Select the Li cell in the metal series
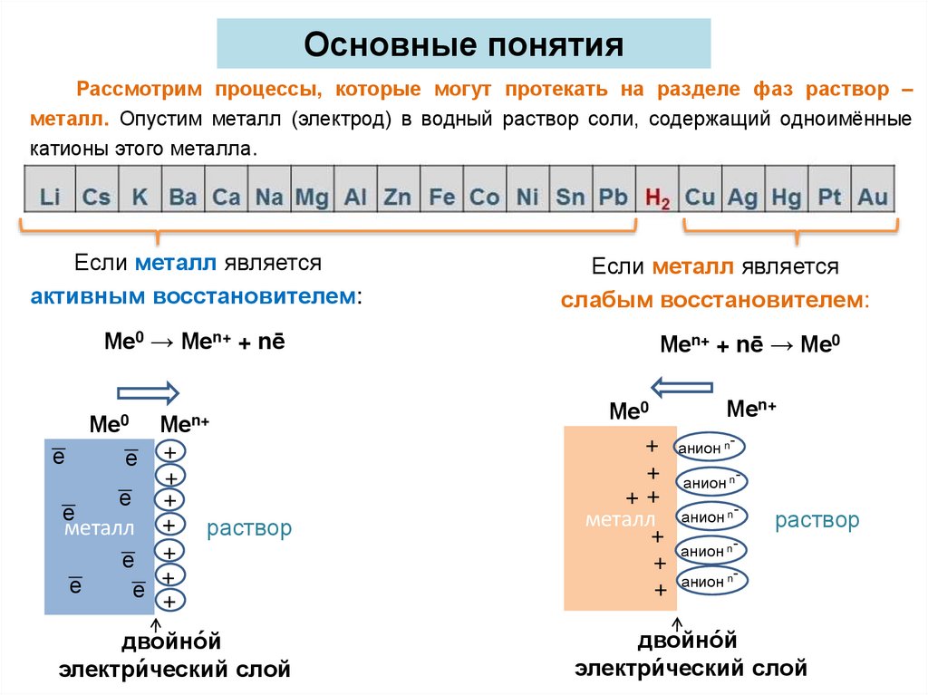tap(51, 196)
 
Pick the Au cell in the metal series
tap(873, 196)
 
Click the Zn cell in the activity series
tap(397, 196)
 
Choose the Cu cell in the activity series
tap(700, 196)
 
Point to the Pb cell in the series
tap(613, 196)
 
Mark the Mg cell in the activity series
tap(312, 196)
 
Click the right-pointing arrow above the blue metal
tap(149, 392)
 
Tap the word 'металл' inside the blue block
tap(99, 528)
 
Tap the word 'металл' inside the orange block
tap(620, 520)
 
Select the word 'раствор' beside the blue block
tap(249, 528)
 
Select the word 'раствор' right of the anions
tap(817, 520)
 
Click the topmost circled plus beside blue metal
tap(169, 451)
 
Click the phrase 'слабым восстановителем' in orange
tap(714, 300)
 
